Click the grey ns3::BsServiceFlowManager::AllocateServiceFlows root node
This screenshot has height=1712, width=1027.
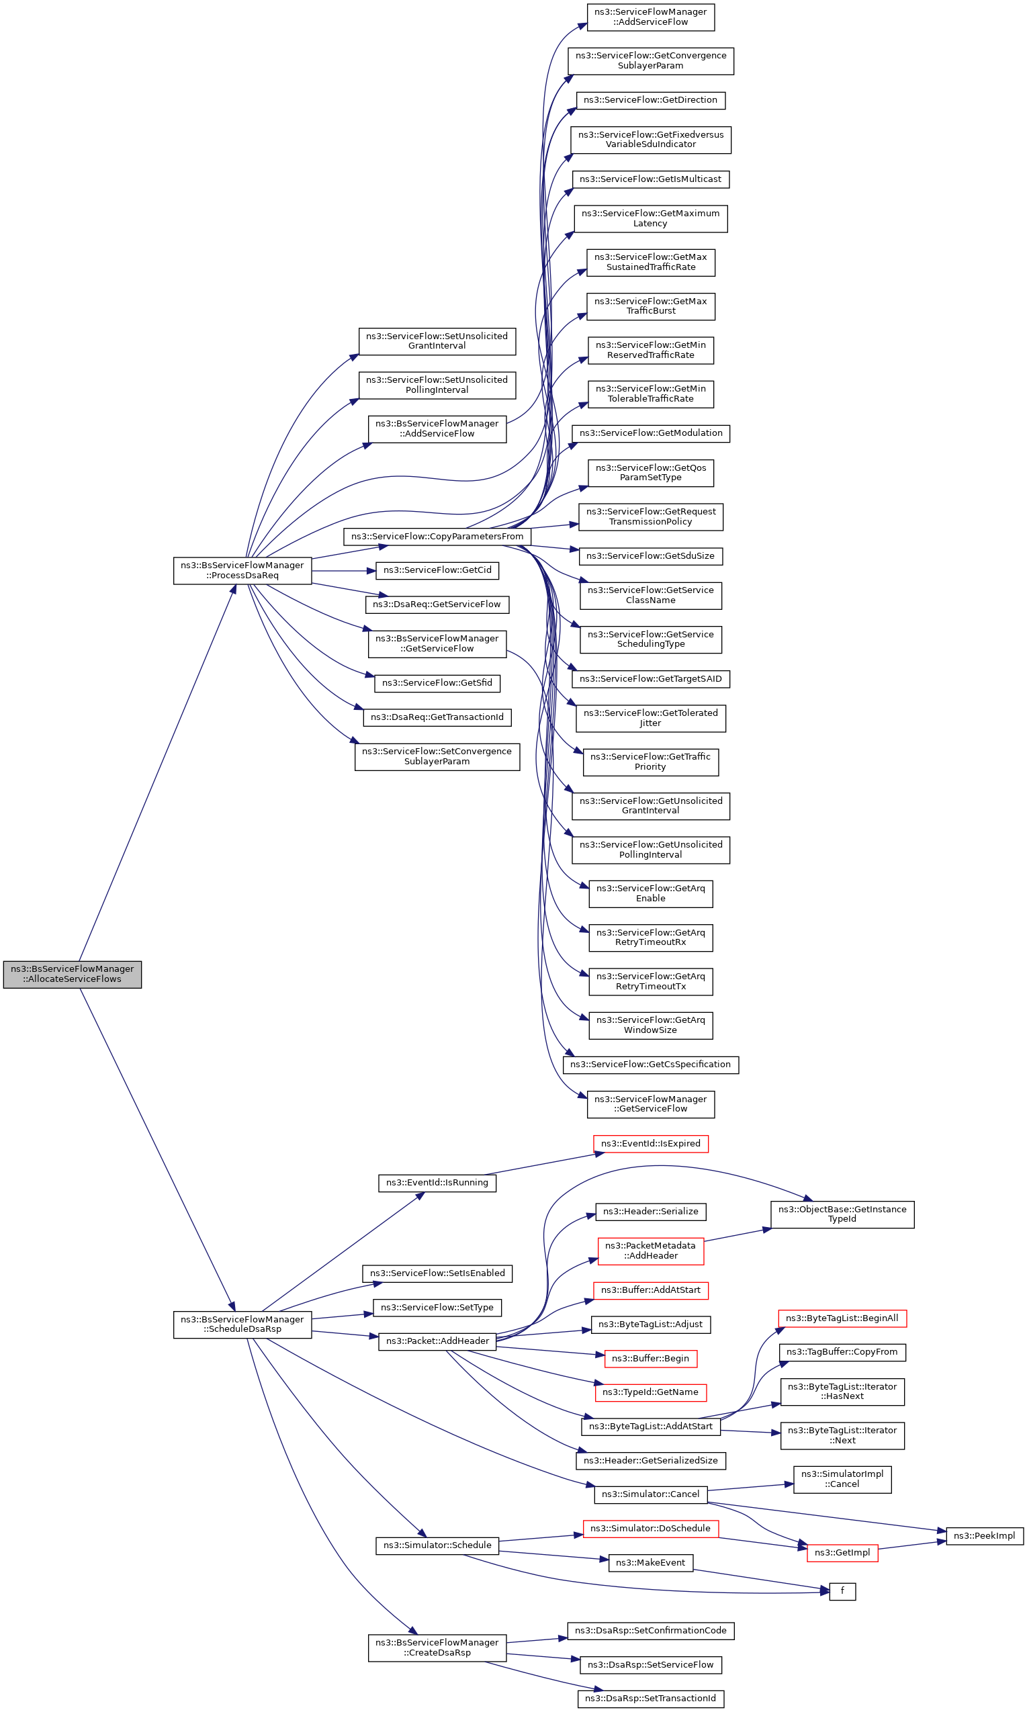[x=72, y=974]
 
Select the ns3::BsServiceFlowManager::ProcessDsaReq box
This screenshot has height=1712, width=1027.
[x=242, y=570]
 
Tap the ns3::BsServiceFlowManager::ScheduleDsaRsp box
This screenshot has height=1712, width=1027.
[x=242, y=1324]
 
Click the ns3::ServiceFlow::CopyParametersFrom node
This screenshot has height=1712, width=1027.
[x=437, y=536]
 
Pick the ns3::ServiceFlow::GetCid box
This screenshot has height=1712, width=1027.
[x=437, y=570]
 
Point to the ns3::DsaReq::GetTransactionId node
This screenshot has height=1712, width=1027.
[x=437, y=717]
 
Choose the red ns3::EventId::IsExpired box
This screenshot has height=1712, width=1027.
[x=651, y=1144]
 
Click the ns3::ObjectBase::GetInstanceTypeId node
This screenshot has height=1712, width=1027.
[x=842, y=1214]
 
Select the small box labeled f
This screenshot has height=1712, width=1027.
[x=842, y=1591]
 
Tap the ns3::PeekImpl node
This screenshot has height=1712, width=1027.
[x=984, y=1536]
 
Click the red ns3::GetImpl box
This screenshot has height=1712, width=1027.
[x=842, y=1553]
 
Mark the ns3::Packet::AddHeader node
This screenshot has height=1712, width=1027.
[x=437, y=1341]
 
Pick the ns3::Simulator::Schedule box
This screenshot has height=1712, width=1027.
[x=437, y=1545]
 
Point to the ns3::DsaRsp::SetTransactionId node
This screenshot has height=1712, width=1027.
[x=651, y=1699]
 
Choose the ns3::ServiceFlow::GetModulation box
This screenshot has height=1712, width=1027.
[x=651, y=433]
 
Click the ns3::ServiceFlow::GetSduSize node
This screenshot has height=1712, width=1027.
[x=651, y=555]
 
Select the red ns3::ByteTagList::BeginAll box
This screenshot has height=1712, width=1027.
[x=842, y=1318]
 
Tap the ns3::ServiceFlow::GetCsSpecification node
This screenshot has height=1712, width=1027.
[x=651, y=1065]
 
